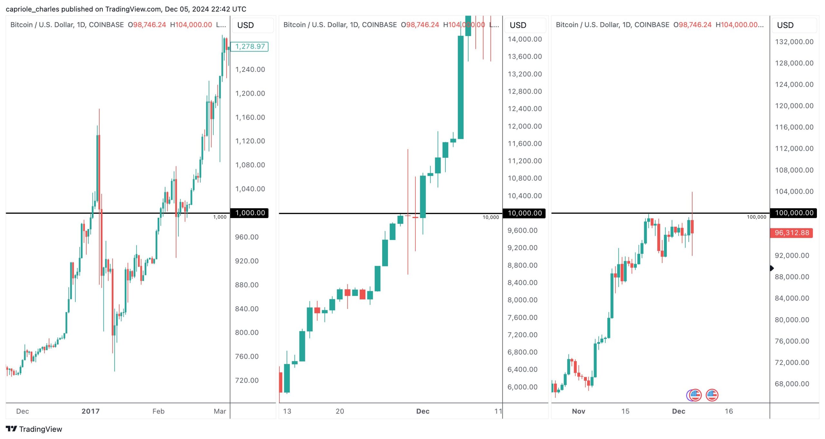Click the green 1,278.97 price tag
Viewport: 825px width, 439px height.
tap(250, 46)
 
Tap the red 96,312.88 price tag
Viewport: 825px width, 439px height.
tap(791, 233)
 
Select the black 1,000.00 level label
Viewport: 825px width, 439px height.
tap(250, 213)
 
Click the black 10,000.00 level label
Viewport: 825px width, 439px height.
tap(524, 213)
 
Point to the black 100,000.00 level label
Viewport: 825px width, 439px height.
tap(794, 213)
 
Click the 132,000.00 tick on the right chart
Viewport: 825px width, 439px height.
tap(794, 42)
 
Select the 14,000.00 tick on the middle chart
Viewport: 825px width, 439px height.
tap(525, 39)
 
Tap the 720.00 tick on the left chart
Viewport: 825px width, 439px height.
tap(247, 380)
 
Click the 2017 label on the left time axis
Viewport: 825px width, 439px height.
tap(91, 411)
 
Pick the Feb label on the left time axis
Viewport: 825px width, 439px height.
tap(158, 411)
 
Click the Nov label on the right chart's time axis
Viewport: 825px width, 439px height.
tap(578, 411)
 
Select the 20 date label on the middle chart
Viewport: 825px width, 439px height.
tap(340, 411)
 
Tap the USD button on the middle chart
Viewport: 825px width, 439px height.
tap(518, 25)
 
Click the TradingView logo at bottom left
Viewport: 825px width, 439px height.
tap(34, 429)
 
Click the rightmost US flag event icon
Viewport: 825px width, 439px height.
tap(712, 395)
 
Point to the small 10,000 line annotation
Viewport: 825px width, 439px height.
tap(490, 217)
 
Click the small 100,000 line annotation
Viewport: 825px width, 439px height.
tap(756, 217)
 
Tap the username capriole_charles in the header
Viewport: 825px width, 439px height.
tap(32, 9)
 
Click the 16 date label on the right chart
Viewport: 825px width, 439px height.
tap(729, 411)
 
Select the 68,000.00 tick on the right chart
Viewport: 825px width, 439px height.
tap(792, 384)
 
